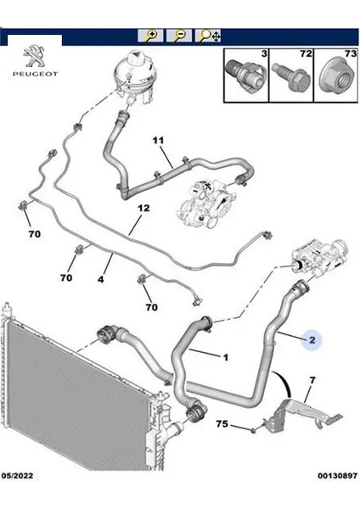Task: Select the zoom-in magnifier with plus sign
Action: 151,35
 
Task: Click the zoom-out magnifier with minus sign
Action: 179,35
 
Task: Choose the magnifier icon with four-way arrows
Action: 209,36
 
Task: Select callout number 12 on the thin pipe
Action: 143,208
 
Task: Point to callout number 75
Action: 222,422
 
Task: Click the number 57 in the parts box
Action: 305,53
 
